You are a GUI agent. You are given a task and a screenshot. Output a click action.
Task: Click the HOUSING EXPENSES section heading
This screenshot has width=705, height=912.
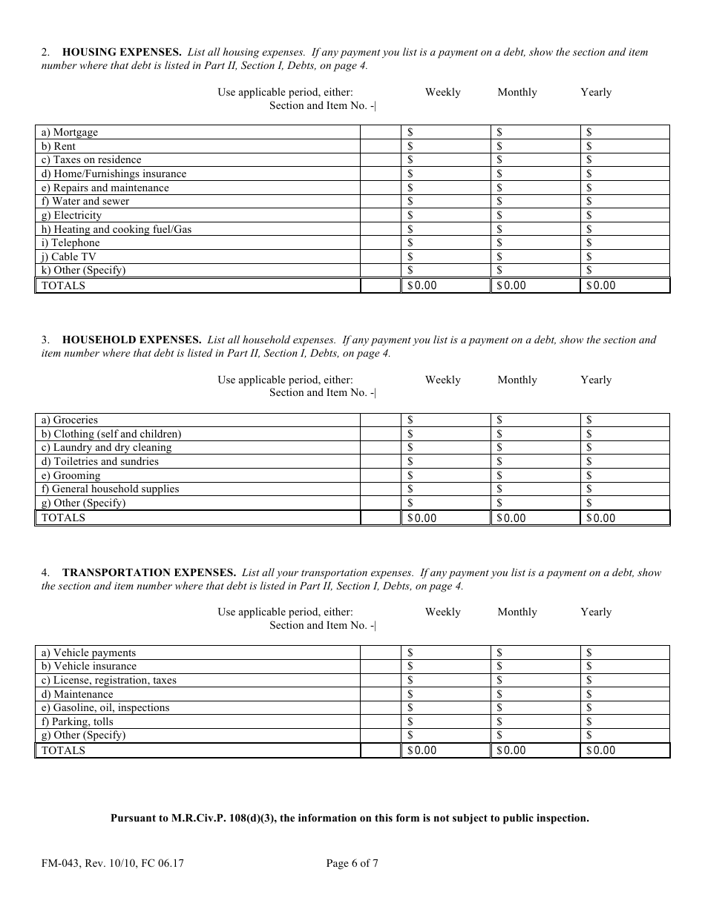(122, 53)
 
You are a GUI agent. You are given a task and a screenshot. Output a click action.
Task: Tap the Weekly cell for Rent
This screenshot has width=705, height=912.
(445, 147)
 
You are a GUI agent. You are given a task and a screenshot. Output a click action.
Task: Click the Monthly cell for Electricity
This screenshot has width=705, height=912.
(534, 216)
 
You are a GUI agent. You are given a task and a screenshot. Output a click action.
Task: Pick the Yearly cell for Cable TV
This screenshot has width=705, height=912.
(625, 257)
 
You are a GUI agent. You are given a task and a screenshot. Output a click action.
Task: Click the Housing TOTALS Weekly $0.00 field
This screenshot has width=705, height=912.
(445, 285)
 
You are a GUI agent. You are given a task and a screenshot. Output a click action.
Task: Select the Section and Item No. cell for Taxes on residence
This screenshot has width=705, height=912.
(380, 160)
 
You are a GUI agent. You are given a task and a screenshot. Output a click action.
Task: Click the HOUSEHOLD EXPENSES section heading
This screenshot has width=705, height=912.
(132, 340)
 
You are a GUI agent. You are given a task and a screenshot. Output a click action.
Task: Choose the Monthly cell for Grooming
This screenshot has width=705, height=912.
(534, 476)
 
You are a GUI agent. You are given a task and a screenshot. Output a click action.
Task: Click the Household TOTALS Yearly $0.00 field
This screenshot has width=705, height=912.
(625, 518)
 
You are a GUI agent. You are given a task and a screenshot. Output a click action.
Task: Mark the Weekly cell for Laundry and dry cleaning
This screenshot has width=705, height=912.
(445, 448)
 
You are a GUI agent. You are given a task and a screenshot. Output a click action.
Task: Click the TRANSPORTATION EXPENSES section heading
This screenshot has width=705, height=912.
(149, 573)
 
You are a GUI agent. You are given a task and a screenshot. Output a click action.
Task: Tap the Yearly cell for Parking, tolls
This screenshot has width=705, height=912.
(625, 722)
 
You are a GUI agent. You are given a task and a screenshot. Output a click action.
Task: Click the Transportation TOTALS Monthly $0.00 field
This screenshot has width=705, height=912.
(534, 750)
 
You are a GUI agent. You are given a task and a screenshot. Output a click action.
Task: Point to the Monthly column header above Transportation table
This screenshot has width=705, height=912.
(517, 612)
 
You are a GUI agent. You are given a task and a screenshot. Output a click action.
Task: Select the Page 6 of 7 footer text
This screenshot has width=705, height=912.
(352, 863)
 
